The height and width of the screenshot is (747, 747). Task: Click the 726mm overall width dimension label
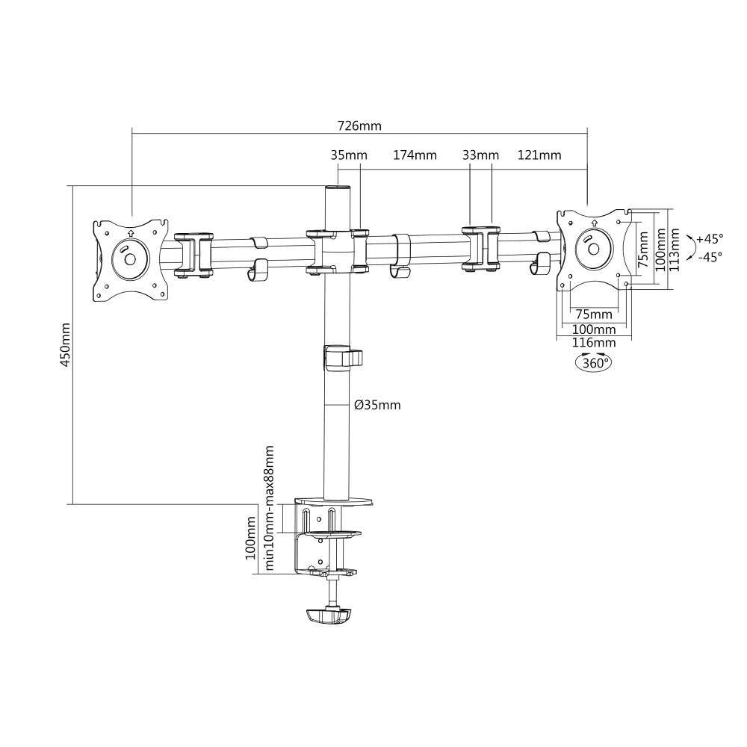(x=359, y=125)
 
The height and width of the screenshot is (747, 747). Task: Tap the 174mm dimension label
(x=415, y=155)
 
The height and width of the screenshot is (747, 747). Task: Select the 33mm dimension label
(x=480, y=155)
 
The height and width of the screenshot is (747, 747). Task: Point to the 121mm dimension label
(x=539, y=155)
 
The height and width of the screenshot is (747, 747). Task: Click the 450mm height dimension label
(x=65, y=344)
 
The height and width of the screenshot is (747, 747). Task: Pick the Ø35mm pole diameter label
(x=377, y=405)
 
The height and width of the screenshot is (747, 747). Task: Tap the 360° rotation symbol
(x=593, y=363)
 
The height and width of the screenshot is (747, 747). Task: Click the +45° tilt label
(x=710, y=238)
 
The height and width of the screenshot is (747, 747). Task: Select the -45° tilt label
(x=710, y=257)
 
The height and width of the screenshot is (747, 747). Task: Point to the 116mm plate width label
(x=594, y=343)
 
